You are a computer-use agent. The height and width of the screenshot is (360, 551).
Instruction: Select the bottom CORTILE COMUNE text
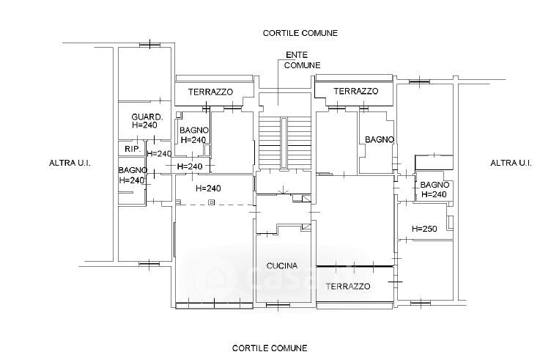coord(270,348)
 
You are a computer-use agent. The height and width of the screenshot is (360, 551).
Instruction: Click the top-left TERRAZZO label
coord(210,92)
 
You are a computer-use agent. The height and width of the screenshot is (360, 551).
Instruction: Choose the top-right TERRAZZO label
coord(355,92)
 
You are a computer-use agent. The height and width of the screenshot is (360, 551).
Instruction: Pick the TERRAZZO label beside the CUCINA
coord(348,286)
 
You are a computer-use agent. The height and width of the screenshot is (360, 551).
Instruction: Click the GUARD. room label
coord(147,117)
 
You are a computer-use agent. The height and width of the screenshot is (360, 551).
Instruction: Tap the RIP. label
coord(132,150)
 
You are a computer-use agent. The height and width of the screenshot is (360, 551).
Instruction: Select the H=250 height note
coord(424,229)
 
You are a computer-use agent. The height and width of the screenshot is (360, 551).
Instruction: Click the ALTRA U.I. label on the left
coord(70,164)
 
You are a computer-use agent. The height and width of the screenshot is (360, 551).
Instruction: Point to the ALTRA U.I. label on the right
coord(510,163)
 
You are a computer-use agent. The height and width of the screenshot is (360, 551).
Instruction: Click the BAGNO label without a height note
coord(380,139)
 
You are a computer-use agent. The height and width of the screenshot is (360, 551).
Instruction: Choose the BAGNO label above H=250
coord(434,185)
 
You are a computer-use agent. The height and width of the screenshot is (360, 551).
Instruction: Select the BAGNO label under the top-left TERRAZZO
coord(194,131)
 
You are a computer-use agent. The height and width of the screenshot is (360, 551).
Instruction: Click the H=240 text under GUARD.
coord(145,125)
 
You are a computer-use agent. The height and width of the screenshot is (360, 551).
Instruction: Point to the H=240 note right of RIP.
coord(159,154)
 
